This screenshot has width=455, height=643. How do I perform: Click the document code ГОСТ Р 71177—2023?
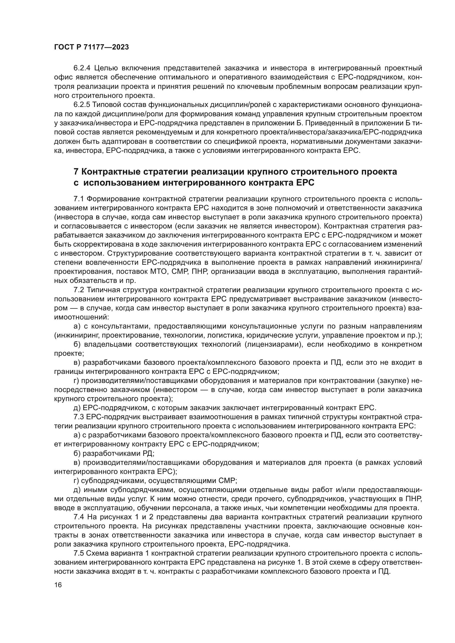tap(91, 47)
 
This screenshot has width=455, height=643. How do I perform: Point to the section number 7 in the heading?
tap(76, 172)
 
